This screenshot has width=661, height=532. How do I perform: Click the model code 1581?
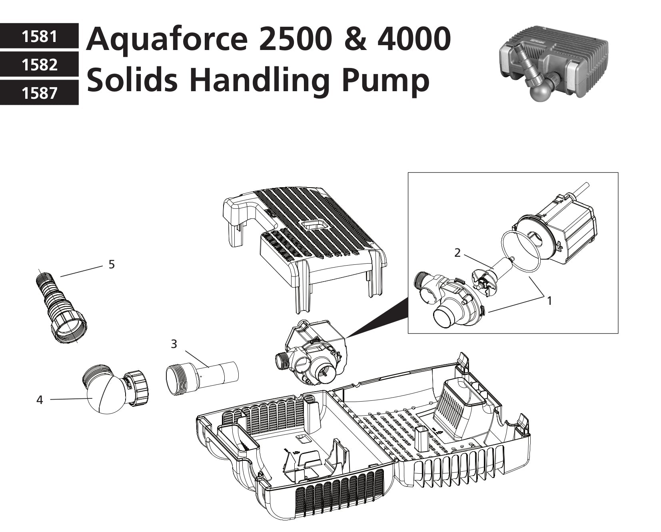coord(39,36)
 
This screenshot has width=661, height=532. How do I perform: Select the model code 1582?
coord(39,65)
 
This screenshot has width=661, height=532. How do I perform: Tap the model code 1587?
coord(39,93)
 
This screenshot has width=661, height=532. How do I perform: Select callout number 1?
coord(549,300)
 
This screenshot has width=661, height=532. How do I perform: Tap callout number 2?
coord(457,252)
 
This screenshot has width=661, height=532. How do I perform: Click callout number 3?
coord(174,344)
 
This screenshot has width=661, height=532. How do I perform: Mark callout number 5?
coord(112,264)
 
